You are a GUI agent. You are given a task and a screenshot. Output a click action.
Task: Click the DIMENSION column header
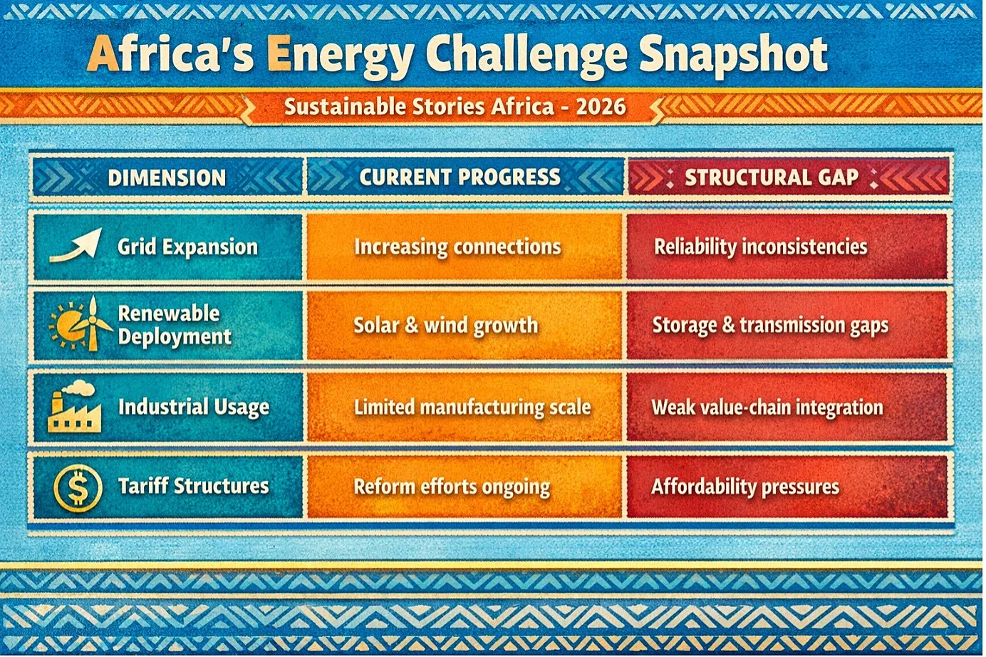167,178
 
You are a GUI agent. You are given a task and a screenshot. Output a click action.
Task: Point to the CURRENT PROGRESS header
460,177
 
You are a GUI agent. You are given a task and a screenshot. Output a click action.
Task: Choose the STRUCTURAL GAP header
771,177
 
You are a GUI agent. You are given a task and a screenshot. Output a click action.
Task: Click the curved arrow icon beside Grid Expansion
76,245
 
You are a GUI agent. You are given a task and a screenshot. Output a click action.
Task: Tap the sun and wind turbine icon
81,324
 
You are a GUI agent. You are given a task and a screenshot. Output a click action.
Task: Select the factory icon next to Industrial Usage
74,406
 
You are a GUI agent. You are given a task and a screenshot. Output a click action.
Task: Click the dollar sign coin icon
78,488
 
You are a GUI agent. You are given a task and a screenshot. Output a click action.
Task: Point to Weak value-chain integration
767,408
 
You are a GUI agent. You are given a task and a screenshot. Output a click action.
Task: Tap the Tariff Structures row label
193,487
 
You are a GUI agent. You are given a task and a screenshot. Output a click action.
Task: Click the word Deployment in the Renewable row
175,338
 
